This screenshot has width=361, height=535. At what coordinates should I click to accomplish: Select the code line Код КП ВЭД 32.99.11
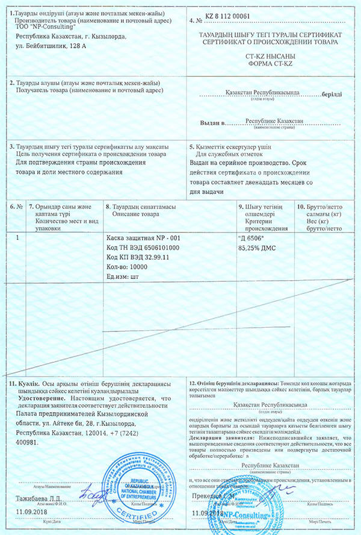(138, 257)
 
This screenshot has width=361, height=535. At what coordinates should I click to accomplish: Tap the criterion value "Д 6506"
(251, 238)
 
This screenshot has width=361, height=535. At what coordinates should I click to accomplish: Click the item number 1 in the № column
(17, 238)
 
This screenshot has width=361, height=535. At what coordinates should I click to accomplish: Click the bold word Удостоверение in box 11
(39, 399)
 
